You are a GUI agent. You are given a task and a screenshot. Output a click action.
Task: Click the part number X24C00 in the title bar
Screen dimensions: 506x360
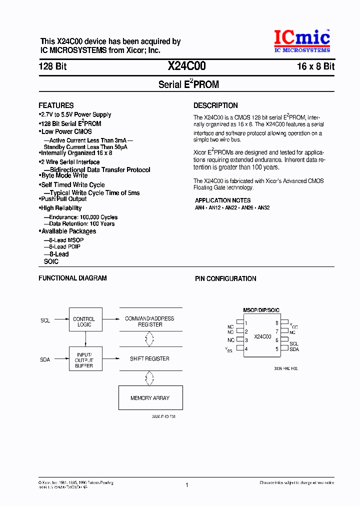[186, 66]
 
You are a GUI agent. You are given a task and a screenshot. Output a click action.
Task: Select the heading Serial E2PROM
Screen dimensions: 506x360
[188, 84]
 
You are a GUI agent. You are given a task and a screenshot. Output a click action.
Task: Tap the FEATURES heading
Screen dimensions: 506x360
[56, 105]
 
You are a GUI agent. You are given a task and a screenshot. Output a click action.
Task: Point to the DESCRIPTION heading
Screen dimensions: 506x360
[215, 105]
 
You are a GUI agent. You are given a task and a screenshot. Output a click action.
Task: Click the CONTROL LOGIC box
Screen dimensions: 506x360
[84, 321]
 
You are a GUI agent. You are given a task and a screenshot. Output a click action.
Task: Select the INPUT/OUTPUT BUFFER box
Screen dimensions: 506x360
[84, 358]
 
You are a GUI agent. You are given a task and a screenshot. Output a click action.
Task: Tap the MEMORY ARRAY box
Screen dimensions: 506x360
[149, 398]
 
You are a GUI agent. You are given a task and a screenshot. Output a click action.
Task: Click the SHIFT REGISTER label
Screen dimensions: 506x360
[149, 358]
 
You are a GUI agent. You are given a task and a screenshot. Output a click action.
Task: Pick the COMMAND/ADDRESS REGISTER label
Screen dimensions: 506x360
[149, 321]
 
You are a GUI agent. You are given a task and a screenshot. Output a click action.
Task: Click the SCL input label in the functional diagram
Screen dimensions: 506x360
[45, 320]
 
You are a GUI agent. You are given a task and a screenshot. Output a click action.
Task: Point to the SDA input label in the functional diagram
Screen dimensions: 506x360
[45, 359]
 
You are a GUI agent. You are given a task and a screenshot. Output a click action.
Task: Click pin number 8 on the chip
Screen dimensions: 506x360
[276, 323]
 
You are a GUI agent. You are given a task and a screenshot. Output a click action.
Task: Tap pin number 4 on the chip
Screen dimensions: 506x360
[246, 349]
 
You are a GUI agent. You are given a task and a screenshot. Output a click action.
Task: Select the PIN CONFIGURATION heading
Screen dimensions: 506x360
[225, 278]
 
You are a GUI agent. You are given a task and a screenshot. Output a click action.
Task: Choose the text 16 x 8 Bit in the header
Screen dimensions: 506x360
[315, 66]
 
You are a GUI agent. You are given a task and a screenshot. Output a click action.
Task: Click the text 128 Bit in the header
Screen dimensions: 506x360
[52, 66]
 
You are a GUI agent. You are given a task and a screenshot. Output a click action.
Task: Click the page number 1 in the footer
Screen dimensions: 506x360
[186, 484]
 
